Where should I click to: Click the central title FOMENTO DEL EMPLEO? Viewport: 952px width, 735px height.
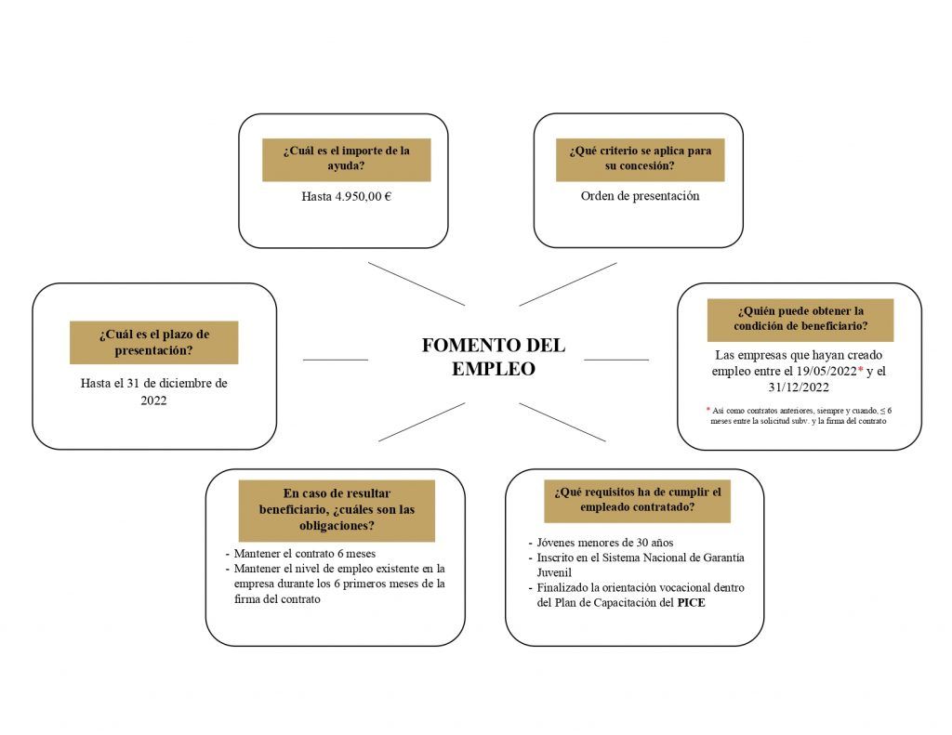click(493, 357)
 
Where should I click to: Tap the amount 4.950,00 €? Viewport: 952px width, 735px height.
click(364, 197)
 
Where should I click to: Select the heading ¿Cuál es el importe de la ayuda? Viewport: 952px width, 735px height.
click(346, 158)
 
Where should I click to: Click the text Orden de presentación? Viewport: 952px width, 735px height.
click(640, 196)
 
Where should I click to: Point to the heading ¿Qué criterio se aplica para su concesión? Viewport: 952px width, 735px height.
click(640, 158)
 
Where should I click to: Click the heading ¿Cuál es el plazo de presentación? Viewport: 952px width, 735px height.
click(153, 342)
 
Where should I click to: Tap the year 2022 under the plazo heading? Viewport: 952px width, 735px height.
click(153, 400)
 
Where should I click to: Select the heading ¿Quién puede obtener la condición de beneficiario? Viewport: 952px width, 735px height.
click(800, 318)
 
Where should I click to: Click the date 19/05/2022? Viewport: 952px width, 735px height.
click(826, 371)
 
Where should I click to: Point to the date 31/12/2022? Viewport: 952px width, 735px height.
click(799, 387)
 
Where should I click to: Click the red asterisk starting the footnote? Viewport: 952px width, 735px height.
click(707, 410)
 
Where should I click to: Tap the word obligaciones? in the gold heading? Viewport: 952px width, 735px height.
click(337, 526)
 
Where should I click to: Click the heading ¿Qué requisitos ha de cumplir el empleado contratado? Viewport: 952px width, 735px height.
click(638, 499)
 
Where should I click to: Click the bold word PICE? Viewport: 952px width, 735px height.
click(691, 603)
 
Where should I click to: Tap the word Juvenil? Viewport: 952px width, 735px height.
click(554, 572)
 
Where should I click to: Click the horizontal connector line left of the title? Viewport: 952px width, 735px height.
click(335, 360)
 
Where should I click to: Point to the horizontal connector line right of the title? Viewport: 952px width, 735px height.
click(616, 360)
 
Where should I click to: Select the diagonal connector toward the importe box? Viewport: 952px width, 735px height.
click(416, 284)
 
